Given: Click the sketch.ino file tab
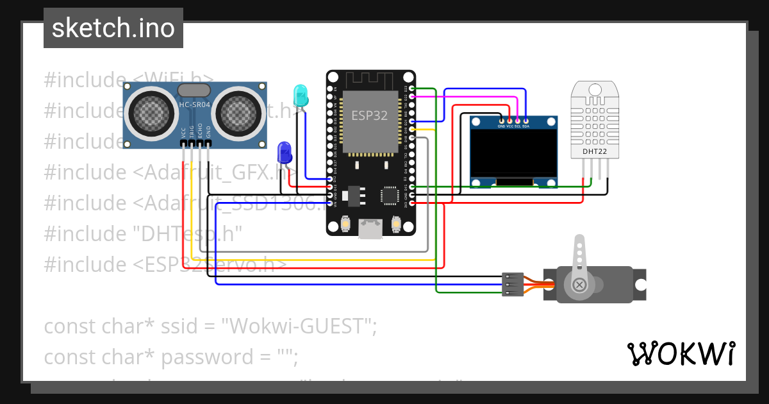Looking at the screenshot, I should tap(113, 28).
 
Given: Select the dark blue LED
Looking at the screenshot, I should tap(284, 153).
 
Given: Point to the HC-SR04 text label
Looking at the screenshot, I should tap(194, 105).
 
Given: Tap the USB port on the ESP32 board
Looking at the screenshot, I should tap(370, 228).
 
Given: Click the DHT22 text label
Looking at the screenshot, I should tap(594, 152).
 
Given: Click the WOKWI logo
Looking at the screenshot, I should tap(681, 353).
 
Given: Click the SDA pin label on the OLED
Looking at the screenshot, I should tap(525, 126).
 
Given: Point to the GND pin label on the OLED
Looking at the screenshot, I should tap(502, 126).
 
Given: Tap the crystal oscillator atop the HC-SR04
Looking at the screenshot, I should tap(194, 90).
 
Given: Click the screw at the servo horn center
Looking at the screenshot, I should tap(579, 284).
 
